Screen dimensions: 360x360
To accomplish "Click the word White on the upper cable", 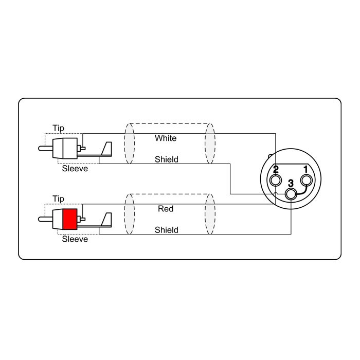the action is point(166,138).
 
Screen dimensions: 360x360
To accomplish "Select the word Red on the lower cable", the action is point(166,209).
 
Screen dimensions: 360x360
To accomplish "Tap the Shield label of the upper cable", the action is point(167,159).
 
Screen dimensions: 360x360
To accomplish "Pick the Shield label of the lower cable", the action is point(167,230).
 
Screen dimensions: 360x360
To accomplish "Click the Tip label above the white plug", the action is point(58,128).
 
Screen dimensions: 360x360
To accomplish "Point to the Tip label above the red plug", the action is point(58,199).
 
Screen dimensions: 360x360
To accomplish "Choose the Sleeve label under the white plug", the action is point(75,169).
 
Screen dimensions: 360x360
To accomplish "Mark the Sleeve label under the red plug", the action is point(75,239).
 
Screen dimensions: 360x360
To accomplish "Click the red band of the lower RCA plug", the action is point(70,219).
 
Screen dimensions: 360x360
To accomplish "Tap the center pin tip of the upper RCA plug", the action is point(40,149).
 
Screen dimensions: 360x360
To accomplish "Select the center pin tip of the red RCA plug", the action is point(40,219).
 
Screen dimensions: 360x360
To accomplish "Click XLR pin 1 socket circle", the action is point(307,180).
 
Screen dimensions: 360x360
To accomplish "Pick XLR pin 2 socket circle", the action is point(276,180).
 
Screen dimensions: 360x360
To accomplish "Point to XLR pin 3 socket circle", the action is point(291,194).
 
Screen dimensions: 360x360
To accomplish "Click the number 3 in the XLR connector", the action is point(291,184).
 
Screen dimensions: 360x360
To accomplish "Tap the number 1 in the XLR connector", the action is point(305,169).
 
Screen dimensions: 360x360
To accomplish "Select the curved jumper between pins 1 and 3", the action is point(303,191).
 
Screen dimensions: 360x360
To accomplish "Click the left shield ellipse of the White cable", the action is point(130,143).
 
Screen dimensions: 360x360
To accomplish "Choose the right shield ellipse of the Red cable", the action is point(210,214).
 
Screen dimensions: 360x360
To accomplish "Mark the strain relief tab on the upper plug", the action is point(106,149).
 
